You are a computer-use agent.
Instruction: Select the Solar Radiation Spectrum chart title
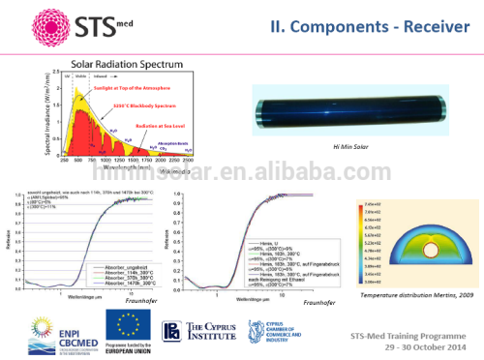[123, 63]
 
